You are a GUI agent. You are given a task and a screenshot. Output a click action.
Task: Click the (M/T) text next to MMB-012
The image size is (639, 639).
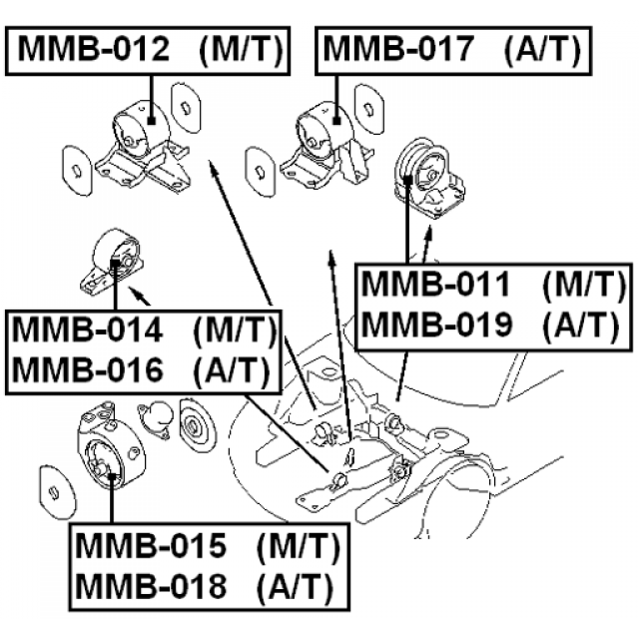(240, 49)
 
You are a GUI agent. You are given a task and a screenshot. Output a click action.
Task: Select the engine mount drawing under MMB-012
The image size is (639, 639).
(140, 150)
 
